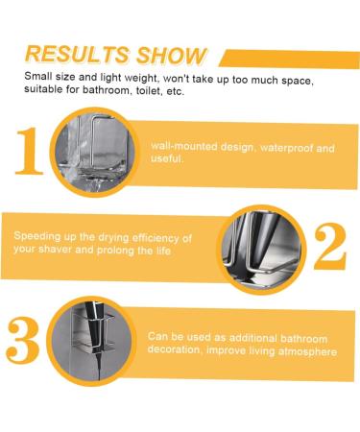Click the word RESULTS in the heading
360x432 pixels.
(78, 54)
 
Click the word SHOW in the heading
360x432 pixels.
(171, 56)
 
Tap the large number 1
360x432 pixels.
(29, 152)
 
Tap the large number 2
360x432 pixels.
(330, 247)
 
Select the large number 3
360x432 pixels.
(23, 341)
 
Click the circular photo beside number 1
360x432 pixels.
(95, 152)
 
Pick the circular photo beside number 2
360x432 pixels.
(261, 250)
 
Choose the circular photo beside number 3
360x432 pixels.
(91, 341)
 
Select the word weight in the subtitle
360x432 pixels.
(141, 78)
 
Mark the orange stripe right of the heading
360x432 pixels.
(289, 59)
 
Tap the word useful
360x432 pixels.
(167, 158)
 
